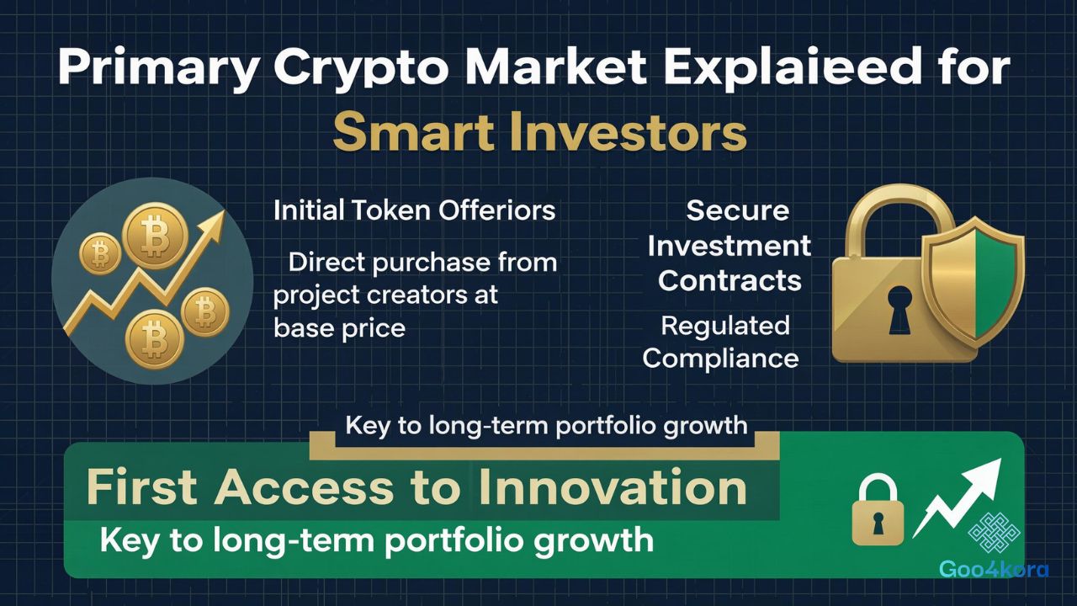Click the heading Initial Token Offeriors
(x=414, y=210)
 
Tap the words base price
(x=339, y=327)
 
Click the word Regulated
(x=724, y=325)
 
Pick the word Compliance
(x=720, y=358)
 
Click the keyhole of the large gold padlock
(x=899, y=307)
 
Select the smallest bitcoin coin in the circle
(x=100, y=252)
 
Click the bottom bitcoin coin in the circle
(x=154, y=339)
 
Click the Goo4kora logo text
(x=994, y=570)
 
